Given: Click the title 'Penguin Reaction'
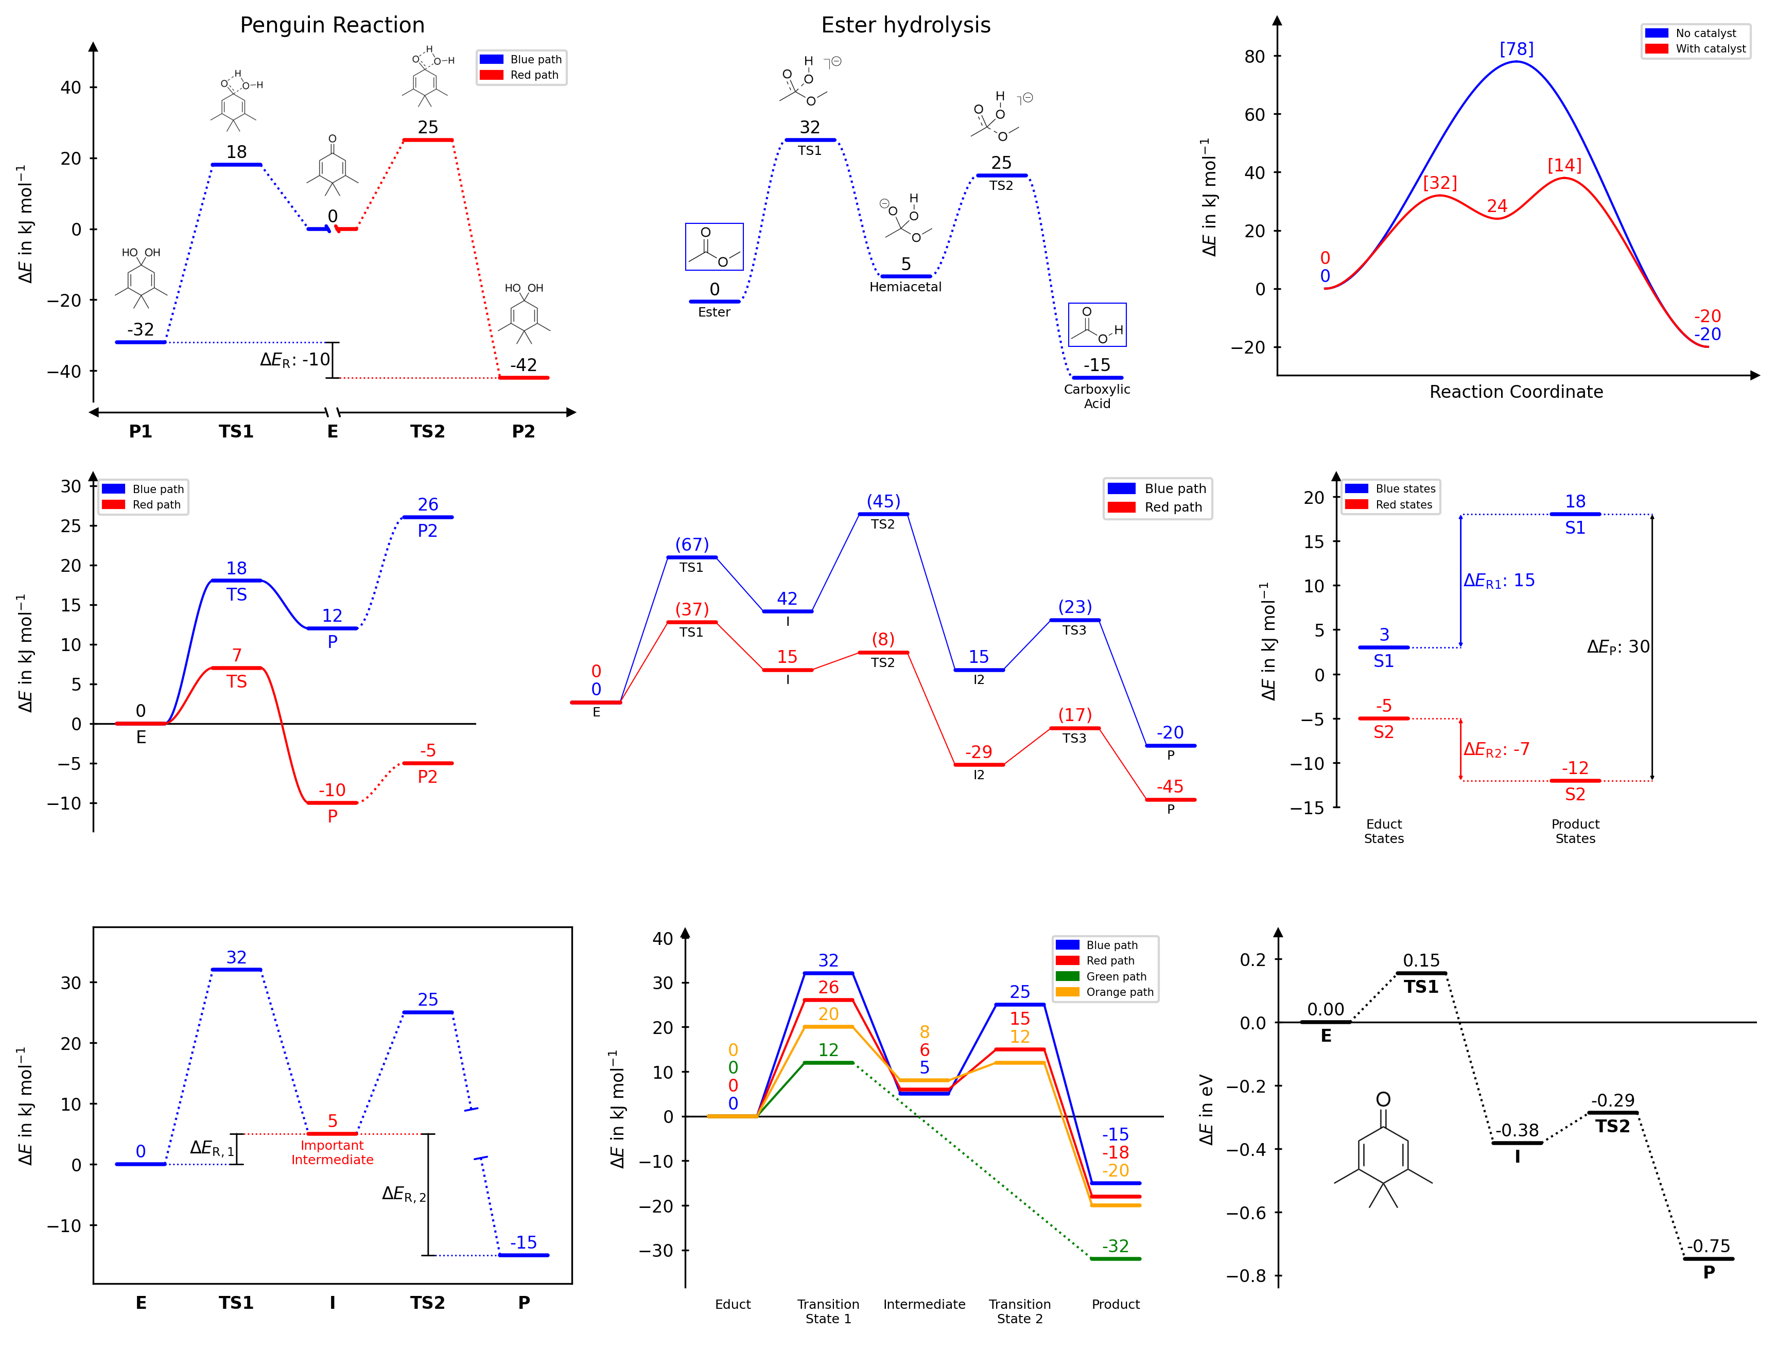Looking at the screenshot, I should [332, 25].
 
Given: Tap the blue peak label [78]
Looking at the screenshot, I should [1516, 49].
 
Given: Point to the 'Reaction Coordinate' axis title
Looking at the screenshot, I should [1516, 392].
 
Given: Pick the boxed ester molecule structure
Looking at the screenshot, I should [714, 247].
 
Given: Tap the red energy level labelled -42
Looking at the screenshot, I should [524, 378].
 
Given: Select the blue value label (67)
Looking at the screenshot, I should [691, 545].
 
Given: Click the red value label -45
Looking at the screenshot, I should [1170, 786].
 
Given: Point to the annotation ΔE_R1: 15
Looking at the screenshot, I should [1499, 581].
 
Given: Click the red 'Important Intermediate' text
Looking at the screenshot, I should [332, 1152].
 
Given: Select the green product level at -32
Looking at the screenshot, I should [1115, 1258].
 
